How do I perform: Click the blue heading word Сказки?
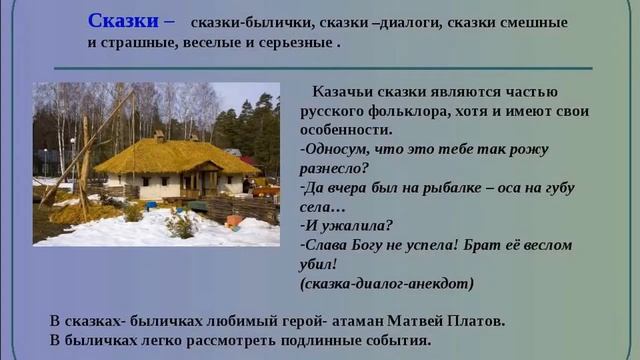click(x=117, y=22)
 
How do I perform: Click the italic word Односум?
click(x=340, y=149)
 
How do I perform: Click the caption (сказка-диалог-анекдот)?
click(x=386, y=283)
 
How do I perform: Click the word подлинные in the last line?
click(x=309, y=340)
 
